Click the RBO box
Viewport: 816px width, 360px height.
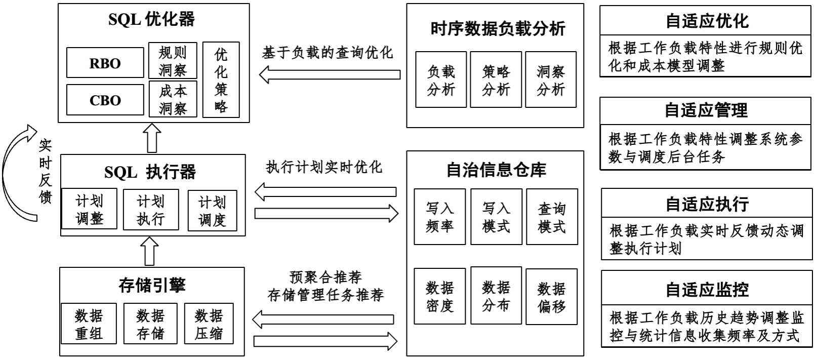105,63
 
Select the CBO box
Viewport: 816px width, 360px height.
105,100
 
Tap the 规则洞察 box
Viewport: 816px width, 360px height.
173,60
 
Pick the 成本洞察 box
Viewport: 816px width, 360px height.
173,99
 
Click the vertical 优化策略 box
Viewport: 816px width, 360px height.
221,80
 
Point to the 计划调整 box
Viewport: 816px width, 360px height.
89,210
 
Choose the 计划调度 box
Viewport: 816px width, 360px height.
212,211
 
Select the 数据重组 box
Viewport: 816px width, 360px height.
89,324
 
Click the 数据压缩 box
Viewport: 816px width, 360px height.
209,324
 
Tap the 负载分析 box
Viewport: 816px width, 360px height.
441,79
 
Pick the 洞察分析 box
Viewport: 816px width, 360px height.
551,79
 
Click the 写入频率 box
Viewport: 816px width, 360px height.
440,217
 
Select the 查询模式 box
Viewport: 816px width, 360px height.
552,217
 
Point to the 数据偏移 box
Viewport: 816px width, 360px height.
551,297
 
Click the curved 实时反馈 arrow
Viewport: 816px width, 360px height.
15,172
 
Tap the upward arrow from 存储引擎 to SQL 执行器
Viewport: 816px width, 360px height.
150,252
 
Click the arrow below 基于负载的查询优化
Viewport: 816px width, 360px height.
330,75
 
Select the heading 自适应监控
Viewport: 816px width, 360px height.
707,290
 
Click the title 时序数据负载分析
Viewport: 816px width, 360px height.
498,28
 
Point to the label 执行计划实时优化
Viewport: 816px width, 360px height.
324,168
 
